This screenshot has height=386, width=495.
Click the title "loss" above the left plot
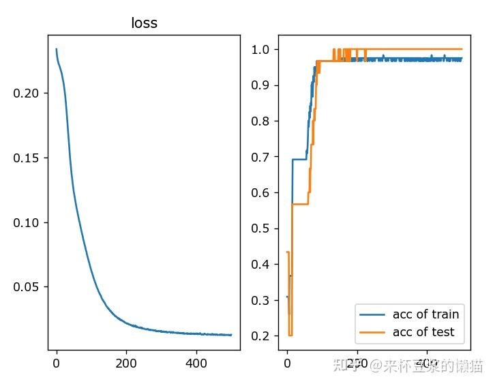pos(144,23)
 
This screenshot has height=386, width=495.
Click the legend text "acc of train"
pos(425,314)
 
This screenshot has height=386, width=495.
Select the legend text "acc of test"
pos(423,332)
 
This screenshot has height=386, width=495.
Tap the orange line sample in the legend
pos(372,333)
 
